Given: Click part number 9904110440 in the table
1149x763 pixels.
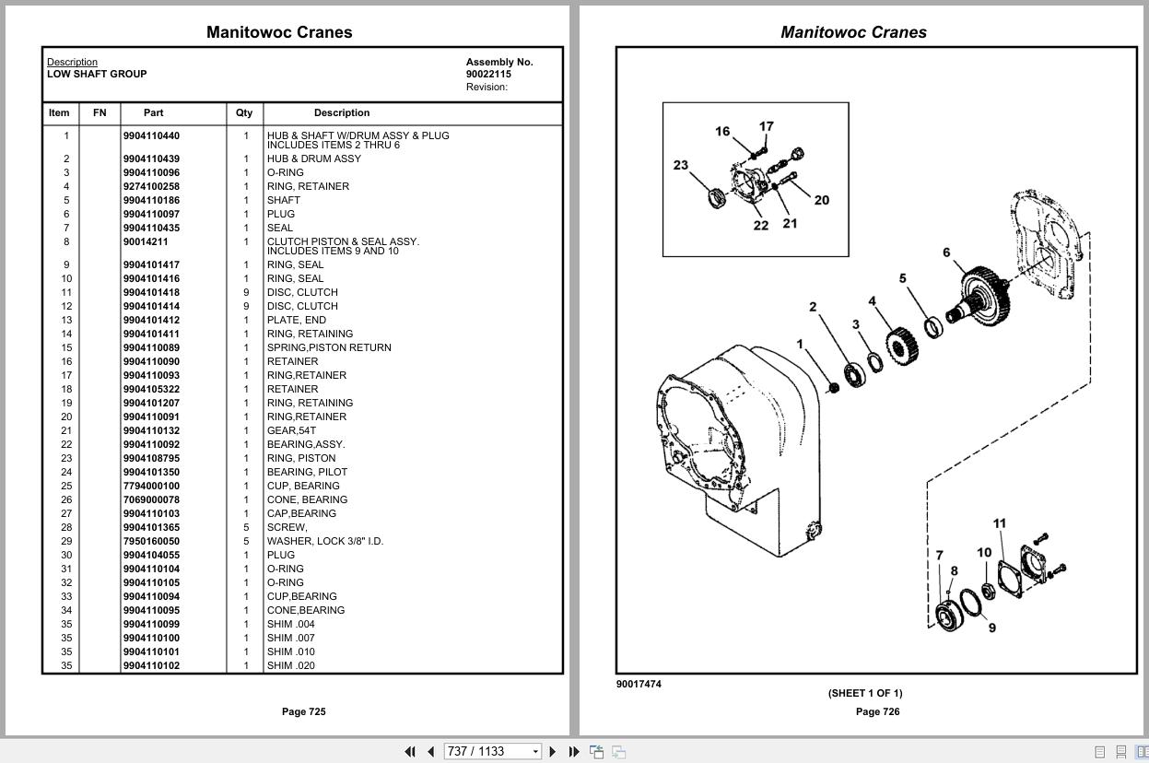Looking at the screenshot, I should [151, 135].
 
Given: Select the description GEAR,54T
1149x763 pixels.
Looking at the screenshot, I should [291, 430].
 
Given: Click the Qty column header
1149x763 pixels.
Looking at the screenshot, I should [243, 112].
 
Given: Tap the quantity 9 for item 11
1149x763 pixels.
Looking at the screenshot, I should [246, 292].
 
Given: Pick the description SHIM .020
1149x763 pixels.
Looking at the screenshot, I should [291, 665].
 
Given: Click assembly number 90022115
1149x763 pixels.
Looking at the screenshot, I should [488, 74].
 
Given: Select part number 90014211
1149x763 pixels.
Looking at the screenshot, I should [146, 241].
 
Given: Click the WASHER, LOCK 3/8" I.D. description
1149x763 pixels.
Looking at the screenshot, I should [325, 541].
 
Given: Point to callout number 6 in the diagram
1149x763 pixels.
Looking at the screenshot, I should [946, 252].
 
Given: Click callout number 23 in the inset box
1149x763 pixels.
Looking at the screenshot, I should [681, 165].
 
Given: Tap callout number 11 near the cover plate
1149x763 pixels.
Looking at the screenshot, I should [1000, 523].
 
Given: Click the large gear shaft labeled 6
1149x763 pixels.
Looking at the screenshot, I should [981, 292].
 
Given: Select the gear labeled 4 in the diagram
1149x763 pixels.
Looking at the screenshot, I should [901, 343].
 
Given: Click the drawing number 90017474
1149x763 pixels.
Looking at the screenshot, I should [639, 684].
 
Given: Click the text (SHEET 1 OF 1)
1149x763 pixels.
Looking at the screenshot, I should [864, 693].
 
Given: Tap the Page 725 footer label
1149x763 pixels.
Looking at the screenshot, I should [303, 711].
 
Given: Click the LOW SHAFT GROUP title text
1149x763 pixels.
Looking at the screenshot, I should [97, 74].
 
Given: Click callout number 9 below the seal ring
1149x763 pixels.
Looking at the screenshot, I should [991, 628].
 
